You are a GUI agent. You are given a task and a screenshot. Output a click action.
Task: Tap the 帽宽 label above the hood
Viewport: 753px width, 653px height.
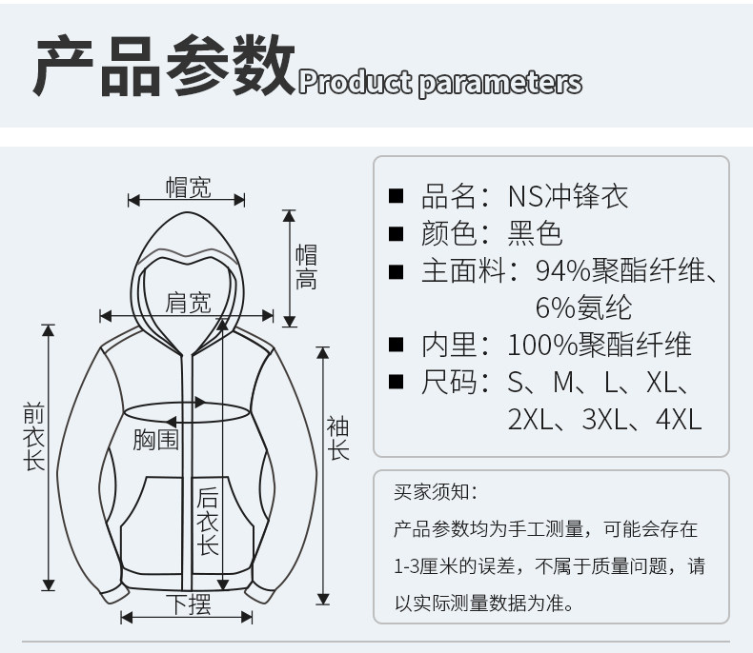(188, 188)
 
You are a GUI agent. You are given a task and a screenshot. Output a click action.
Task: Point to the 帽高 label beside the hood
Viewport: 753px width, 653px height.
(306, 267)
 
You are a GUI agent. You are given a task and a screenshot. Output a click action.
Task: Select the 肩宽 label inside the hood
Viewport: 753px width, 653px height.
(188, 303)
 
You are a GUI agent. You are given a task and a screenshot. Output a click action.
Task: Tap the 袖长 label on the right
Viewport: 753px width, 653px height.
(338, 438)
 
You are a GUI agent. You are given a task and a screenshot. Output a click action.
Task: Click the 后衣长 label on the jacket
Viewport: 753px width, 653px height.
(207, 521)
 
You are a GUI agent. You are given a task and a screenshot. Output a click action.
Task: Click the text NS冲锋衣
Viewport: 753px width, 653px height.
(568, 197)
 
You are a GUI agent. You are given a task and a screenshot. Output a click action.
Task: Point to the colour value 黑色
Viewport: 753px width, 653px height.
(536, 233)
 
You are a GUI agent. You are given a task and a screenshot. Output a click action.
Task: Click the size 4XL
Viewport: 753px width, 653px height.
(680, 418)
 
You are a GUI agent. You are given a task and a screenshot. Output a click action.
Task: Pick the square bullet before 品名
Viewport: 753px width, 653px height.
(397, 197)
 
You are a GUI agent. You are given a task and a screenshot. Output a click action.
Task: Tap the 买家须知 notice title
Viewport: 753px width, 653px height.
(434, 492)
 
